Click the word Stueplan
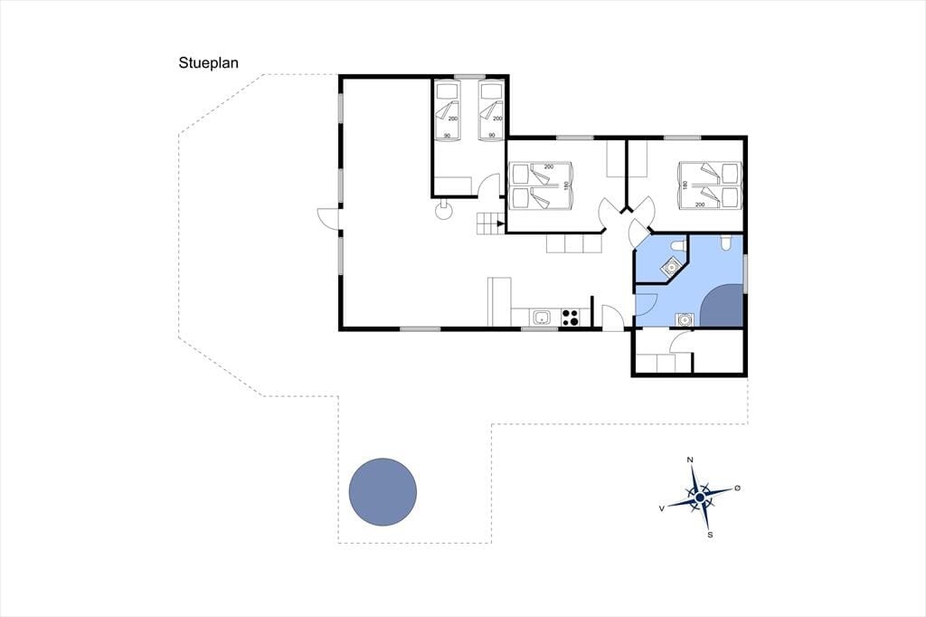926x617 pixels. pos(209,63)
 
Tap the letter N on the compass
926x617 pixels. pos(690,460)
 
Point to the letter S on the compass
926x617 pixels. pos(710,535)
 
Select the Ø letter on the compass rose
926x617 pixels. pos(737,489)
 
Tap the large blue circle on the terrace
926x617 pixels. pos(383,492)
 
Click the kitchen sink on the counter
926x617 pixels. pos(542,318)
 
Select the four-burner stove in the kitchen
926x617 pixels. pos(571,318)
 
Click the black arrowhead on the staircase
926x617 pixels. pos(501,224)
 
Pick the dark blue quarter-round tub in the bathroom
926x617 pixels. pos(723,306)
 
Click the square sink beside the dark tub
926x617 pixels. pos(685,319)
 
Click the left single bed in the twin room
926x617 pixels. pos(447,110)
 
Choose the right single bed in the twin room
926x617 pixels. pos(491,110)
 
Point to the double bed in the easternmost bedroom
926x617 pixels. pos(710,185)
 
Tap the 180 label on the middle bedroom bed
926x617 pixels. pos(565,185)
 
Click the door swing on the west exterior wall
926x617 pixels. pos(329,217)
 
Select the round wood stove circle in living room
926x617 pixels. pos(443,211)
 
